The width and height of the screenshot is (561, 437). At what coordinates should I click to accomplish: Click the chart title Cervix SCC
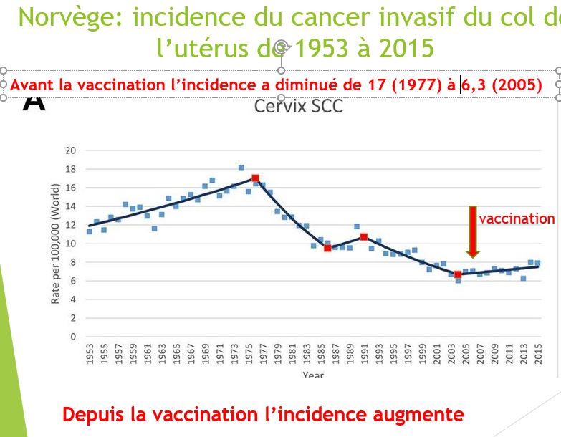(298, 106)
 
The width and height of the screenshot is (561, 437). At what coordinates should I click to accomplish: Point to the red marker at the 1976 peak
(255, 178)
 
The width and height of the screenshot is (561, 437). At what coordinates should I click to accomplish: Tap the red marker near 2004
(458, 274)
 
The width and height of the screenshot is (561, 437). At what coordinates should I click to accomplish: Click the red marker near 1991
(364, 236)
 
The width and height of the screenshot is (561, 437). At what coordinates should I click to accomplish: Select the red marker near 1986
(327, 248)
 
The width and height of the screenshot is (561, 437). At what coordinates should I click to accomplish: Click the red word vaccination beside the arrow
(517, 218)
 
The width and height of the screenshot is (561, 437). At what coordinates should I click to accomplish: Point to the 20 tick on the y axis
(70, 150)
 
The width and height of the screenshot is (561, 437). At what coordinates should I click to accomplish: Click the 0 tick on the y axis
(73, 337)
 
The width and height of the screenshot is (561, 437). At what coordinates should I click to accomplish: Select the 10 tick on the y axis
(70, 244)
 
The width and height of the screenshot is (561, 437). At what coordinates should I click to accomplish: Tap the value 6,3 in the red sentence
(474, 85)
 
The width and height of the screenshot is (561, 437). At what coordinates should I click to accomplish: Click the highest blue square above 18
(241, 168)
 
